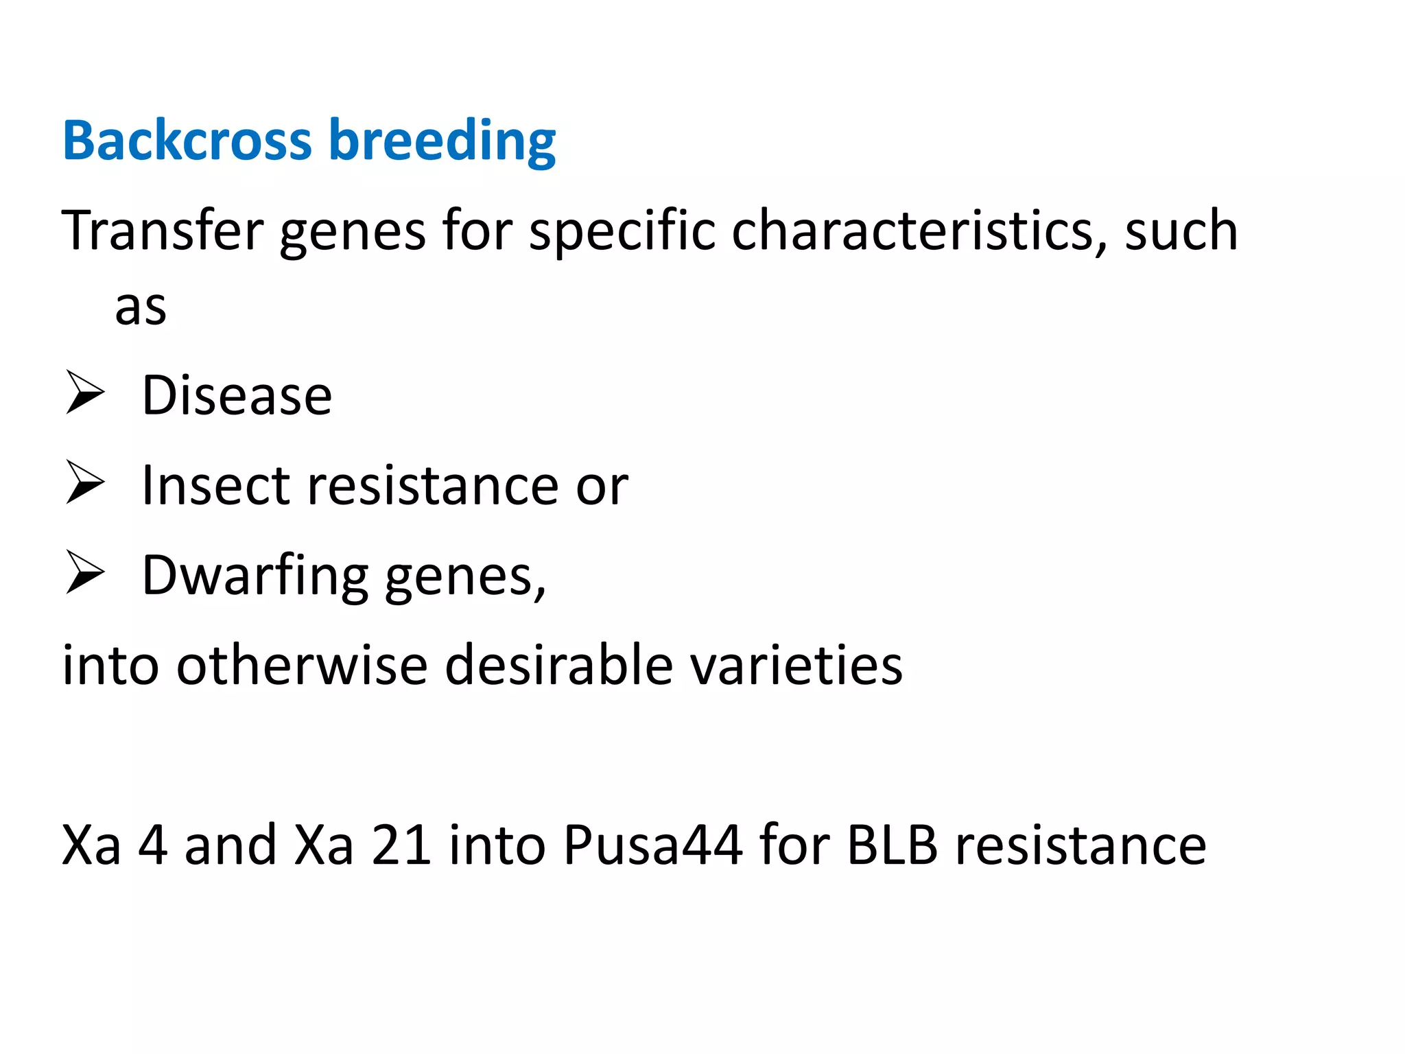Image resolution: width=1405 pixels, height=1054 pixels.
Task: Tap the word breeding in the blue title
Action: pos(442,141)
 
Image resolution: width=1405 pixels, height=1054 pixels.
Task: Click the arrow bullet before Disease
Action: pos(85,393)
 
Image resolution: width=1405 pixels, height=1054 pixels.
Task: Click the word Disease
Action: pos(237,396)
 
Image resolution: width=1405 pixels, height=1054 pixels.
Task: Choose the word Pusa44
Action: pos(652,845)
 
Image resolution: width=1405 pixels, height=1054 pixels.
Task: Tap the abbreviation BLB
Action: pos(892,845)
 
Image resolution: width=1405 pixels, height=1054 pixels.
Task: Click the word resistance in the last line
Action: pos(1081,845)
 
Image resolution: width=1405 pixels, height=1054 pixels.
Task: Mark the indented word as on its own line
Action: pos(141,308)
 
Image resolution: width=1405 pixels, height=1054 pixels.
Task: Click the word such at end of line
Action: pos(1181,231)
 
